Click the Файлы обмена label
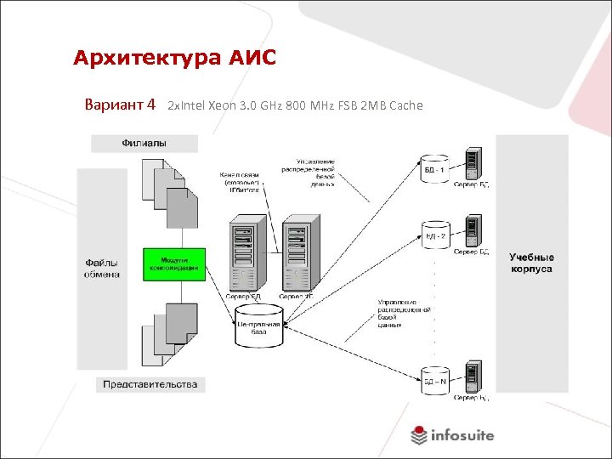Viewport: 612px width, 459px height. pos(101,268)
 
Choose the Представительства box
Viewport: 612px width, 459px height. pos(150,384)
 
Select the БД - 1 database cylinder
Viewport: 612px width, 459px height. pos(434,169)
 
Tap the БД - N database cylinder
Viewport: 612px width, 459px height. pos(434,381)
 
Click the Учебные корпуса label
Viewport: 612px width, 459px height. pos(531,263)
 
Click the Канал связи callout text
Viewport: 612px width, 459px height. pos(239,182)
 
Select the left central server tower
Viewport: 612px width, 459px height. pos(245,254)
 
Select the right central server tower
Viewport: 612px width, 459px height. pos(298,254)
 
